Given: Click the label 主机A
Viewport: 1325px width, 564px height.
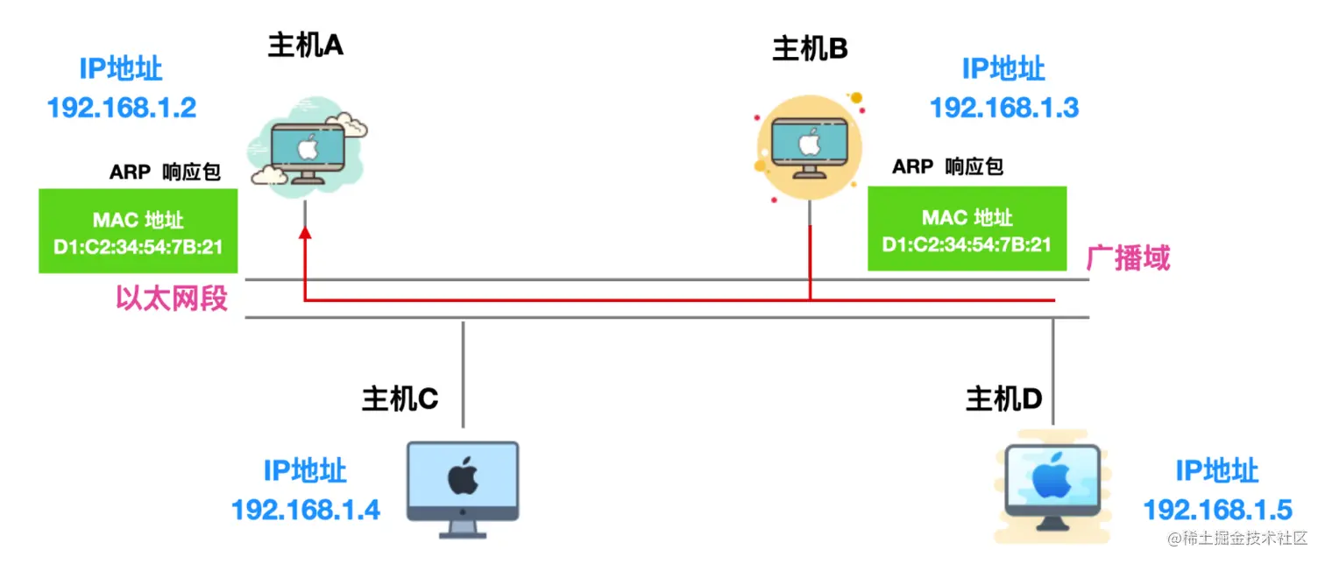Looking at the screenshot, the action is tap(305, 46).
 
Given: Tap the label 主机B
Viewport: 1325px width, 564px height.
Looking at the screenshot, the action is tap(810, 48).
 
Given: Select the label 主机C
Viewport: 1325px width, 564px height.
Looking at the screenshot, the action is tap(400, 399).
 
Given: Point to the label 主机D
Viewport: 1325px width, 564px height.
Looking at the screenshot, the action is tap(1003, 399).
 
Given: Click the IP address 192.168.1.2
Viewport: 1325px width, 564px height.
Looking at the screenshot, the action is tap(121, 108).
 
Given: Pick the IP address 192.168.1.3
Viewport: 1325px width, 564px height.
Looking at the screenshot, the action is tap(1004, 108).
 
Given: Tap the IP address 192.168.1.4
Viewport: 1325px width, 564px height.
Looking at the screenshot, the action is tap(305, 510).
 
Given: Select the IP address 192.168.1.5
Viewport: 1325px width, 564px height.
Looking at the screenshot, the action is tap(1217, 510).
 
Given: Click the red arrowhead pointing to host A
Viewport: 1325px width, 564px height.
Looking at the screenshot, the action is tap(305, 234).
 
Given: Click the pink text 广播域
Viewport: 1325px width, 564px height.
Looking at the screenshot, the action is tap(1129, 258).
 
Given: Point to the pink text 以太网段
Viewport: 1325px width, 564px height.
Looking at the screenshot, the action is tap(172, 298).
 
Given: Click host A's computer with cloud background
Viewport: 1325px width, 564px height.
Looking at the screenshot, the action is tap(307, 147).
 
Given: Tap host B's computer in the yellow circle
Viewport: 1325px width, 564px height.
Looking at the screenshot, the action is tap(809, 148).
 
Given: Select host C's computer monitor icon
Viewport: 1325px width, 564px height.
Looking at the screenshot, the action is tap(463, 490).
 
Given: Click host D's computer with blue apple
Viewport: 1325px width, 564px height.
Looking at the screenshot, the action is tap(1052, 488).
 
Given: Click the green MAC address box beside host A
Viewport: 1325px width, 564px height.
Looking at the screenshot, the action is tap(138, 231).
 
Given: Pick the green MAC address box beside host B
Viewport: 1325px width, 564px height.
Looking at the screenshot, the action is tap(967, 229).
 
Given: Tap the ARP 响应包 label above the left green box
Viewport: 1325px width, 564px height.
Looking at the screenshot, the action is tap(165, 172).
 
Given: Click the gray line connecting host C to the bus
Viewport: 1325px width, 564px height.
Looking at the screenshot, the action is tap(464, 374).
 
